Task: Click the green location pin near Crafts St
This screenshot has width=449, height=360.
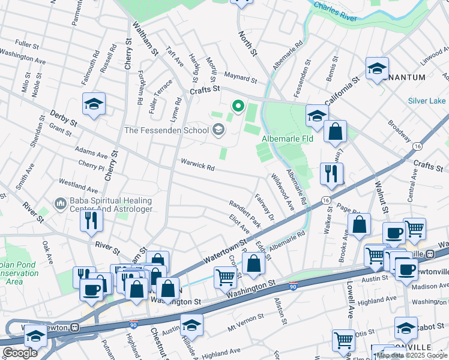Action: pyautogui.click(x=238, y=107)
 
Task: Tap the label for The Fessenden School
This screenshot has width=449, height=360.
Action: pyautogui.click(x=166, y=130)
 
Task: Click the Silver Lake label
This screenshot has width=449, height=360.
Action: pyautogui.click(x=427, y=101)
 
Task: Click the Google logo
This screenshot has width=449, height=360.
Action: pyautogui.click(x=20, y=353)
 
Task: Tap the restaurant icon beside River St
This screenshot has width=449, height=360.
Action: pyautogui.click(x=92, y=219)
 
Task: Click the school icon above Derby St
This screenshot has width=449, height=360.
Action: pyautogui.click(x=94, y=104)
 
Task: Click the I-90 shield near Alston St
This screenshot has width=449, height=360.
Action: pyautogui.click(x=293, y=286)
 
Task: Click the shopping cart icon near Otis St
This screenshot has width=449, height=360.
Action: pyautogui.click(x=343, y=340)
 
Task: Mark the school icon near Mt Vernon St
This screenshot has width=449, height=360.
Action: pyautogui.click(x=191, y=325)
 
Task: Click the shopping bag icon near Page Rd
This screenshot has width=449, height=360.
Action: pyautogui.click(x=358, y=224)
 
